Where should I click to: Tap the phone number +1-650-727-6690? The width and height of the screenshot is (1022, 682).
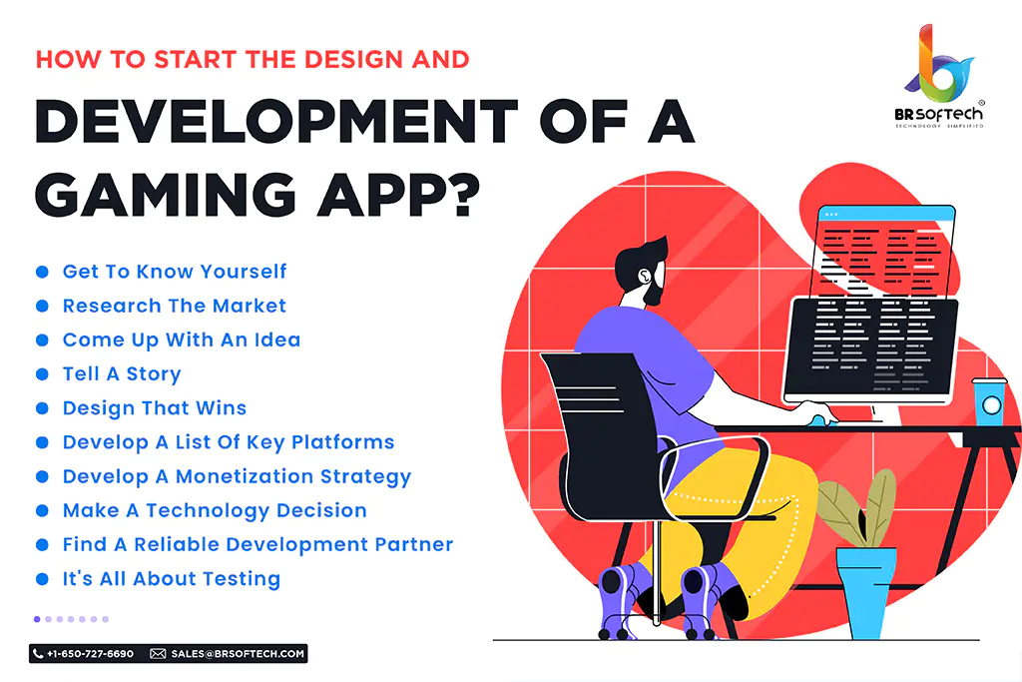(90, 653)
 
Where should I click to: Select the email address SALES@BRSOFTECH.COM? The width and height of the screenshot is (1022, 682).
(238, 653)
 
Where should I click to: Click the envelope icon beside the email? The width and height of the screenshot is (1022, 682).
(158, 653)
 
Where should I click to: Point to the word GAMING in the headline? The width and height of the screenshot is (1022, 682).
(166, 195)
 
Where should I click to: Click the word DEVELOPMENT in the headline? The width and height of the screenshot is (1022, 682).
(276, 121)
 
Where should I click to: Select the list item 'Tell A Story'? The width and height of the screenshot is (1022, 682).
(122, 373)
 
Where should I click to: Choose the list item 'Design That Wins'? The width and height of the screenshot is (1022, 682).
(155, 408)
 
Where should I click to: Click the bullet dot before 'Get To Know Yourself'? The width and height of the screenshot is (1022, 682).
(42, 272)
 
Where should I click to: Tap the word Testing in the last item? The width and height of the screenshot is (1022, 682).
(242, 579)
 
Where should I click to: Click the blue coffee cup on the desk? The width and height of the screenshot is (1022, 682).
(989, 401)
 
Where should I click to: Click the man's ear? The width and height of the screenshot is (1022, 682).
(645, 276)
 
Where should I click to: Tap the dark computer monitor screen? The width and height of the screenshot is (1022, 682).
(871, 346)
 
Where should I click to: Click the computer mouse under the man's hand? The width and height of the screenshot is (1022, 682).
(821, 419)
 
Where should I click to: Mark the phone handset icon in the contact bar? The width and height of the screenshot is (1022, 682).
(38, 653)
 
